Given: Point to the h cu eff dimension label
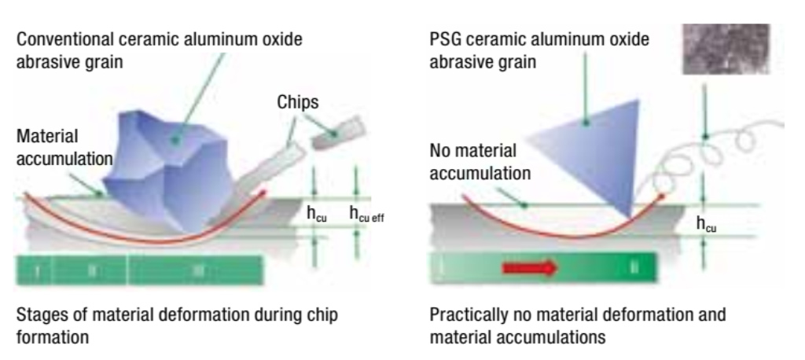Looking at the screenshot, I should click(x=373, y=215).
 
